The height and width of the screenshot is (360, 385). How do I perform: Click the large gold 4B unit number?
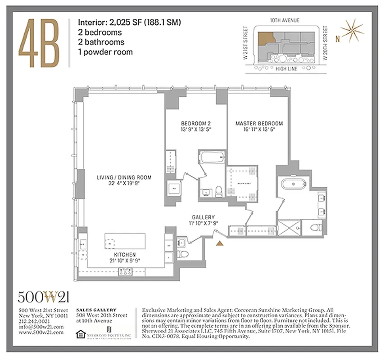pyautogui.click(x=39, y=41)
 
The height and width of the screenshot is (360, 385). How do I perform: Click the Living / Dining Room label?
pyautogui.click(x=123, y=180)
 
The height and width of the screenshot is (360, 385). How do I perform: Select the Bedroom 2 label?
pyautogui.click(x=196, y=126)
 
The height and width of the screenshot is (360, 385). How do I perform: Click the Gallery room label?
pyautogui.click(x=203, y=220)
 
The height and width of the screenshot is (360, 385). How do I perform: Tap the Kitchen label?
pyautogui.click(x=125, y=257)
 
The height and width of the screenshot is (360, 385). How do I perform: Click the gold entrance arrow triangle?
pyautogui.click(x=220, y=243)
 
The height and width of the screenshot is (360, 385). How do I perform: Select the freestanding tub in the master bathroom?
pyautogui.click(x=294, y=184)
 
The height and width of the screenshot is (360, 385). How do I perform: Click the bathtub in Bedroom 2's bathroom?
pyautogui.click(x=211, y=158)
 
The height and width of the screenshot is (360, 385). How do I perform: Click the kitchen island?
pyautogui.click(x=125, y=242)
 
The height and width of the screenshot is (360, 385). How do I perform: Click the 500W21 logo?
pyautogui.click(x=44, y=297)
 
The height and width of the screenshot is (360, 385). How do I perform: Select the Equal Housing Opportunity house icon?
pyautogui.click(x=80, y=333)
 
